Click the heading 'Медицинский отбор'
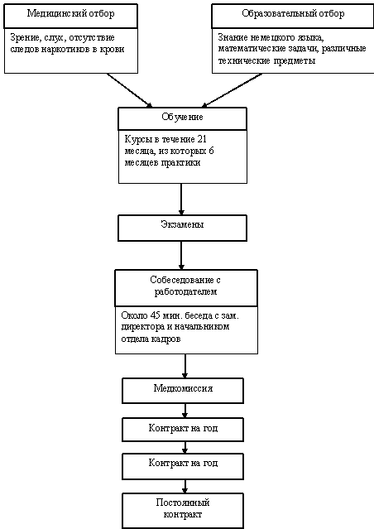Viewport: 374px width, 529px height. [71, 13]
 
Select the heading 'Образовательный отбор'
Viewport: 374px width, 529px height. [293, 13]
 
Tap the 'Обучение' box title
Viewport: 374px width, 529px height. [182, 117]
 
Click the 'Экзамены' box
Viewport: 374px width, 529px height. [182, 228]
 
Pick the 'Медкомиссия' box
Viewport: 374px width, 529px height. [183, 391]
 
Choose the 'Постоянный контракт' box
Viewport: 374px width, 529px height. [183, 511]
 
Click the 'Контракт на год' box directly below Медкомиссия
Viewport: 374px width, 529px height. [183, 430]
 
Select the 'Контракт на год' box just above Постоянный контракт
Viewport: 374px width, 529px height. [183, 467]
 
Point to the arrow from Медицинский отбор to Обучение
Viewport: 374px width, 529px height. [130, 90]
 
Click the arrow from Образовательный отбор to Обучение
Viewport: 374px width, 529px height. [232, 90]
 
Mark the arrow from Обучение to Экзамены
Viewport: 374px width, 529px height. [181, 200]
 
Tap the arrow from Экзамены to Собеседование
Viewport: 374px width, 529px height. [181, 255]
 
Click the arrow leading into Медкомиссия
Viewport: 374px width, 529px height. [185, 366]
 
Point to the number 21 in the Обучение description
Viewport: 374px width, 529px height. [202, 139]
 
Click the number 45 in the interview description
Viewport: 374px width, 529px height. [155, 315]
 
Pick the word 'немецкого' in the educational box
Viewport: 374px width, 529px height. [272, 38]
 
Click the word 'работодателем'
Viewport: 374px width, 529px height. [185, 292]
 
